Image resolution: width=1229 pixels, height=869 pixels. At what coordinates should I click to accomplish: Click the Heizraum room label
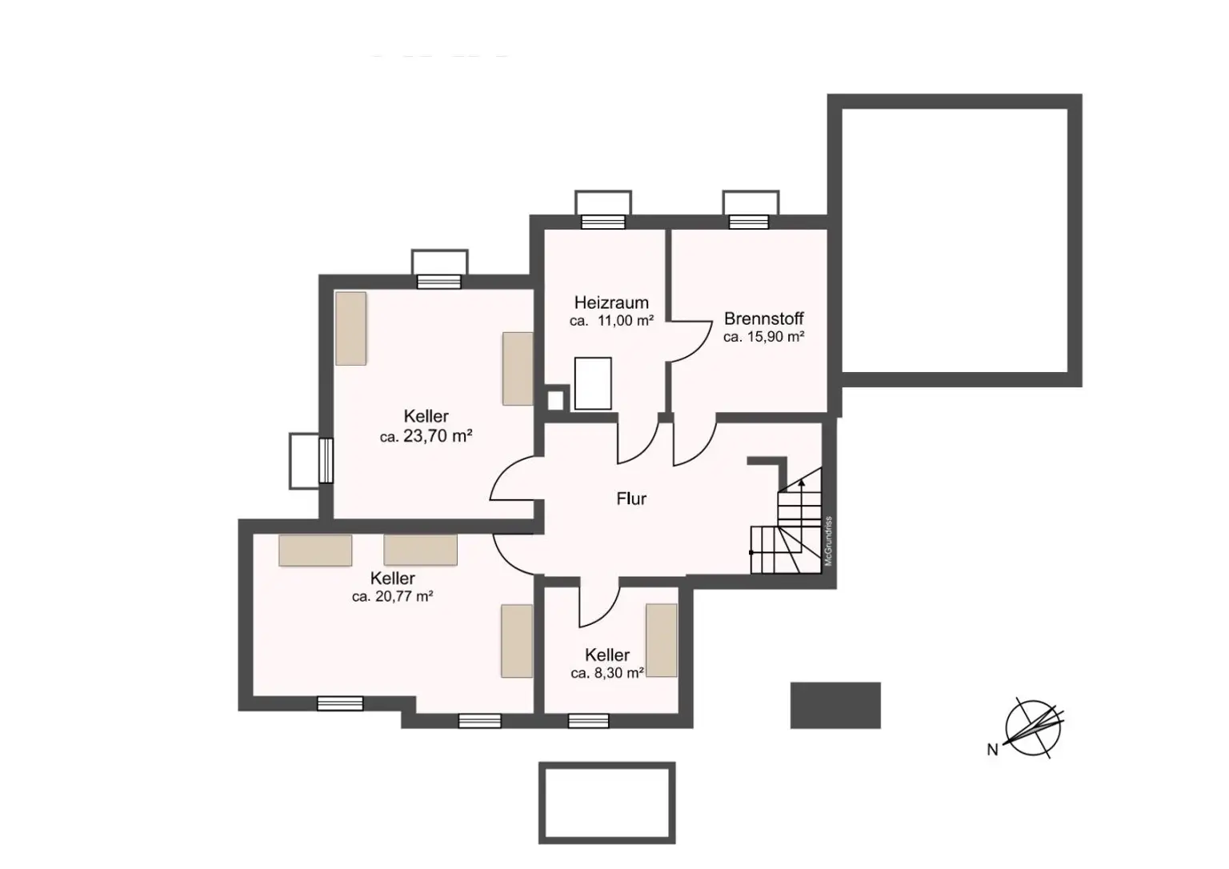(611, 302)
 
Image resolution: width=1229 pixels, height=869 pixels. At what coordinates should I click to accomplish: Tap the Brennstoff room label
(763, 318)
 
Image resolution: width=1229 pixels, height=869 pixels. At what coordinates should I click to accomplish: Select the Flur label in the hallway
(631, 499)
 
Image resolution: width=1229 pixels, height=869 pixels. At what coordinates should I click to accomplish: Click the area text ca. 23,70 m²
(426, 437)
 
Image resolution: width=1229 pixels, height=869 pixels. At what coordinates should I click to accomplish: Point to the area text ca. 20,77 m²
(392, 596)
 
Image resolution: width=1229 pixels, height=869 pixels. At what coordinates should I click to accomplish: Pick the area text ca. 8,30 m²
(607, 674)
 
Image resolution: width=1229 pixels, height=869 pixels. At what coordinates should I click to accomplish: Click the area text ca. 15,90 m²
(763, 337)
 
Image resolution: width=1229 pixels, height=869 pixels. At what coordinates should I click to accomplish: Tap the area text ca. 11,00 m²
(611, 321)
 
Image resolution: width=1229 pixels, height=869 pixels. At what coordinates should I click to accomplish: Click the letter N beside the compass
(992, 750)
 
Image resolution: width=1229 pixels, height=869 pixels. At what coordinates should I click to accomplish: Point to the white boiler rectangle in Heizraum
(593, 383)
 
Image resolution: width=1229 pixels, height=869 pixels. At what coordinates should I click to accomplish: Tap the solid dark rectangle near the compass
(835, 705)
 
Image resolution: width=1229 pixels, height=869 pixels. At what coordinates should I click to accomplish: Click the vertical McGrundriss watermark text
(829, 542)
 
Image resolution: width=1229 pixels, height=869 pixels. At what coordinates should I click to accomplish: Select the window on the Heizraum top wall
(602, 222)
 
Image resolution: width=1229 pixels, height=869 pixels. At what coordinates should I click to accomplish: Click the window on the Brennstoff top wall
(750, 222)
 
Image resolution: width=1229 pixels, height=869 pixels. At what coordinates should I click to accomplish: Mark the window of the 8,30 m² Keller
(588, 721)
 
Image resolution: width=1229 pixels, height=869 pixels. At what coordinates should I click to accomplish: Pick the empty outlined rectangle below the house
(606, 803)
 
